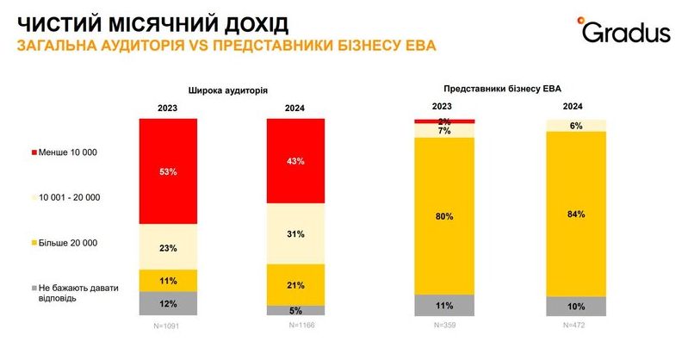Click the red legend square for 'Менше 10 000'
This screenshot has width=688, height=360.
[34, 152]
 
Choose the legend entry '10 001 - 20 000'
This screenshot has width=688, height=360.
[70, 198]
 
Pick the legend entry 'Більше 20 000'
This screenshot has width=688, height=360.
[66, 244]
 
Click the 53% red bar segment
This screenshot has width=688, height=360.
[168, 171]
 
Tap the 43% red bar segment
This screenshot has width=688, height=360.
[295, 161]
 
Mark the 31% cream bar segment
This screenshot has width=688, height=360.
[295, 233]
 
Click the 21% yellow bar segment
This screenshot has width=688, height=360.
[295, 284]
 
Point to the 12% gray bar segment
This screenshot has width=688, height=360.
[168, 304]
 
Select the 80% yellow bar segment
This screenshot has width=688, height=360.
[443, 216]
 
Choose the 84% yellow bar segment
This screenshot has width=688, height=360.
[575, 214]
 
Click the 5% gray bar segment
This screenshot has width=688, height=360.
[295, 310]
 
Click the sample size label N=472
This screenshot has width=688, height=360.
[575, 326]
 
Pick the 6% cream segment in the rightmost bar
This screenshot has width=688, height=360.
[575, 126]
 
